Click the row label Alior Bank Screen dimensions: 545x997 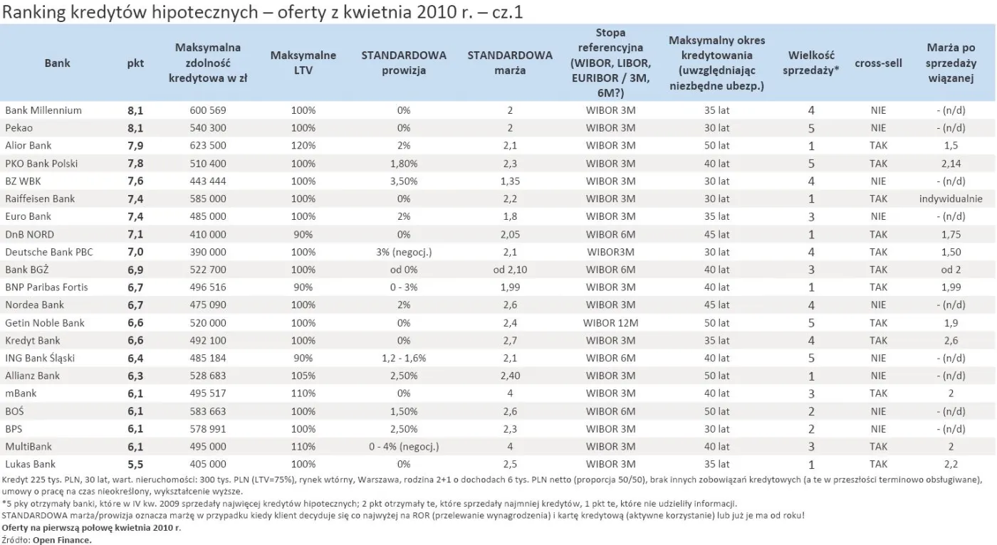pyautogui.click(x=28, y=146)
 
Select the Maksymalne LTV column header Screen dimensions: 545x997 pyautogui.click(x=303, y=63)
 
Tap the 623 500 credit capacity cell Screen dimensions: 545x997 pyautogui.click(x=208, y=146)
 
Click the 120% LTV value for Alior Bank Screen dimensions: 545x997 pyautogui.click(x=303, y=146)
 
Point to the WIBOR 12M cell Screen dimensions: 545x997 pyautogui.click(x=609, y=323)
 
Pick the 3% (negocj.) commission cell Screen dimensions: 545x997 pyautogui.click(x=403, y=252)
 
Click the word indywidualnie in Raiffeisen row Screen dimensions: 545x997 pyautogui.click(x=951, y=199)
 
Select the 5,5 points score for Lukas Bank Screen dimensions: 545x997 pyautogui.click(x=135, y=465)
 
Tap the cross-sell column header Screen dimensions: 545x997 pyautogui.click(x=878, y=63)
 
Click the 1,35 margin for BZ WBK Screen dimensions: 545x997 pyautogui.click(x=509, y=181)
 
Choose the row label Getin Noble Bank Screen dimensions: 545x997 pyautogui.click(x=45, y=323)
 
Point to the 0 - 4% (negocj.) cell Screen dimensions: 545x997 pyautogui.click(x=403, y=447)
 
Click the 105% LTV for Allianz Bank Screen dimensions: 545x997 pyautogui.click(x=303, y=376)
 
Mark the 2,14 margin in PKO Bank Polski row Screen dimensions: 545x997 pyautogui.click(x=951, y=164)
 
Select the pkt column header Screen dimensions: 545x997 pyautogui.click(x=135, y=63)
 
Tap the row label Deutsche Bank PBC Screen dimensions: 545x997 pyautogui.click(x=49, y=252)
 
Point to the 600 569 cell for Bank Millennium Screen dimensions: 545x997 pyautogui.click(x=208, y=110)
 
